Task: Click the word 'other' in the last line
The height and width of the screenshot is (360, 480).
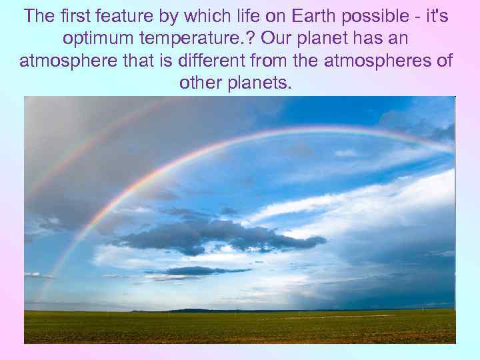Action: (201, 84)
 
